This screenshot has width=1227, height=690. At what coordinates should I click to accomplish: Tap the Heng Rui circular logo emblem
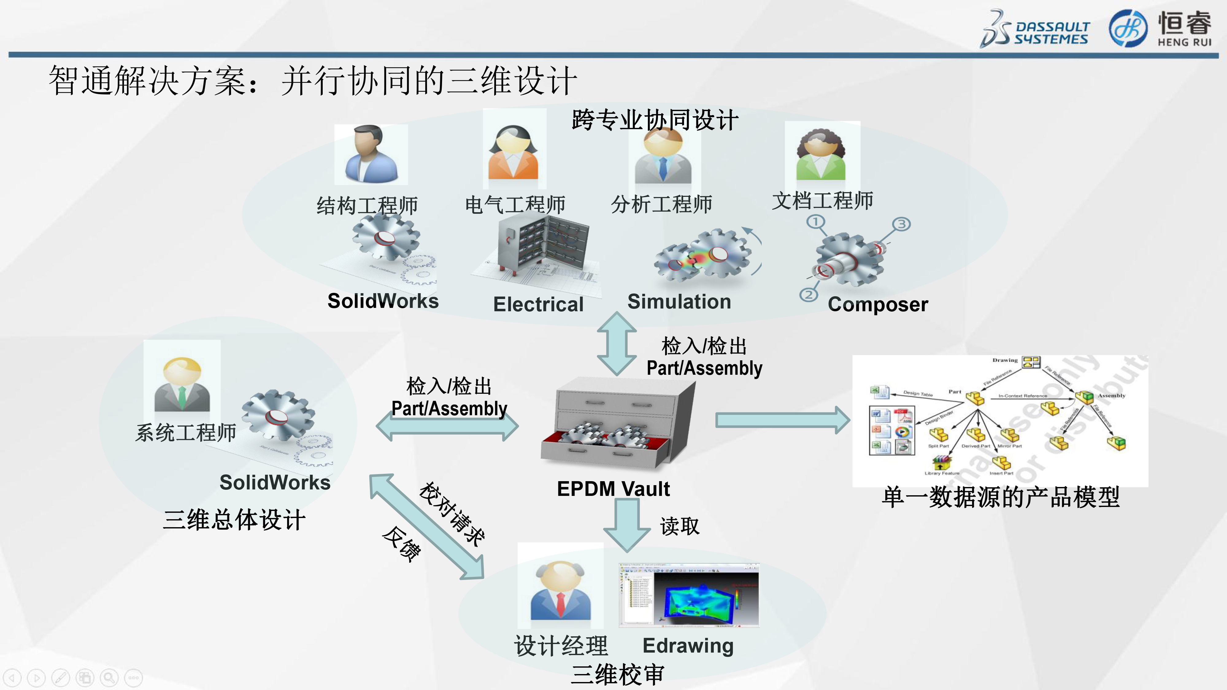1128,29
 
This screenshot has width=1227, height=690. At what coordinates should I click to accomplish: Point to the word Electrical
538,304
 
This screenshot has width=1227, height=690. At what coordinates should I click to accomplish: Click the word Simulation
679,301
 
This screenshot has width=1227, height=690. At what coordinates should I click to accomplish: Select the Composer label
878,304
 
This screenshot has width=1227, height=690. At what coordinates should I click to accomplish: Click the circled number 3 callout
901,224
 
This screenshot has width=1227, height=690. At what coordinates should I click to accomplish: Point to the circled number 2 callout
808,295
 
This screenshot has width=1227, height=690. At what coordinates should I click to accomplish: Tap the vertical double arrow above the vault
617,343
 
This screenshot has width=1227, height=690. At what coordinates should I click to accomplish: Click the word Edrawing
688,646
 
